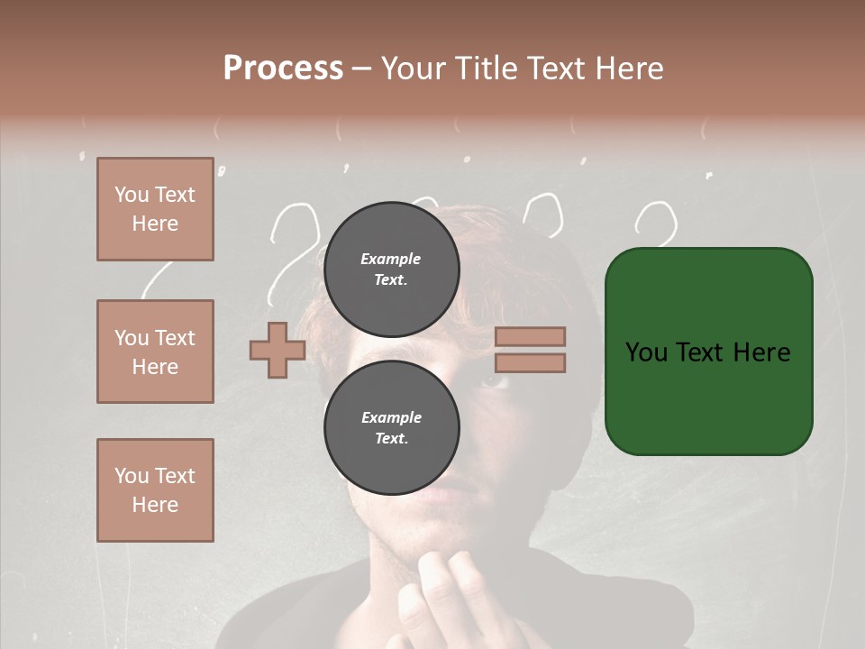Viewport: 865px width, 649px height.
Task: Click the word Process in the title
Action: point(283,69)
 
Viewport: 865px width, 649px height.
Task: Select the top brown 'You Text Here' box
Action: point(155,209)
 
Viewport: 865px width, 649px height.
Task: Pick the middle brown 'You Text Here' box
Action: point(155,352)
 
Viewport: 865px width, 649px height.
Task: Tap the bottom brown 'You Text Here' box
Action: point(155,489)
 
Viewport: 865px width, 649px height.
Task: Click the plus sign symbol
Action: point(277,350)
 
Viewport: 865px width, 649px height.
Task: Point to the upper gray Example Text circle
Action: point(391,269)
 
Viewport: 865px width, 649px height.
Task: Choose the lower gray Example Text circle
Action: point(391,428)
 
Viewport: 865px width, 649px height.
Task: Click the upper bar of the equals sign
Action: point(530,336)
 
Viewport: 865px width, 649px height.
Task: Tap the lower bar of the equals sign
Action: point(530,363)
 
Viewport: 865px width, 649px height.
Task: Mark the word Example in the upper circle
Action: point(391,259)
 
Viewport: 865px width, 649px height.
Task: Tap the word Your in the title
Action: point(414,69)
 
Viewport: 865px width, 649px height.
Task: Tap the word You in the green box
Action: point(646,352)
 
